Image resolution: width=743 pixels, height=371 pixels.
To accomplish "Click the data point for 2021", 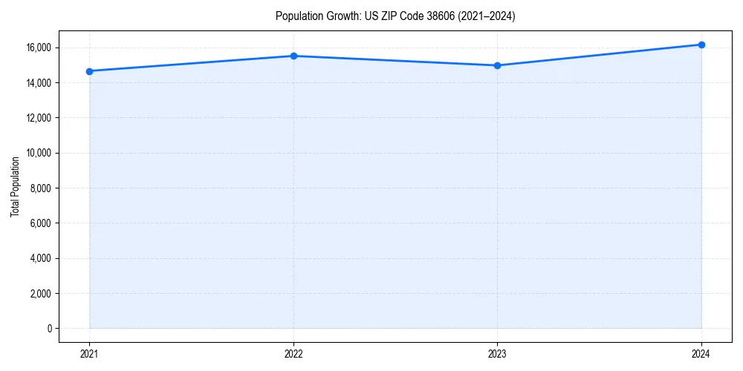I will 89,71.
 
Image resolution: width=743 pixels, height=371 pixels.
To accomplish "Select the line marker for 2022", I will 293,56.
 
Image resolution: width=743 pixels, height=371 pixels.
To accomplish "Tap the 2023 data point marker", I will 497,65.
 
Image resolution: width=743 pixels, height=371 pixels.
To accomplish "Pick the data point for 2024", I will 701,45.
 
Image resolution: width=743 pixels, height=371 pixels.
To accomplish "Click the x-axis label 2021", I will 89,353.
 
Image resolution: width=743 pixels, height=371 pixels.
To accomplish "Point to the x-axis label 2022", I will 293,353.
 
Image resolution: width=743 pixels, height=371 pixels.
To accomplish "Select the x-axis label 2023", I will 497,353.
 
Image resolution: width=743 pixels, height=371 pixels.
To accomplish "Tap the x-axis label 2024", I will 701,353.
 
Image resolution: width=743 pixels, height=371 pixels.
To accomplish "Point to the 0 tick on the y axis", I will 50,329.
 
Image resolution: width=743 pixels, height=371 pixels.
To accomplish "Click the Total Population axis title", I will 15,186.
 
